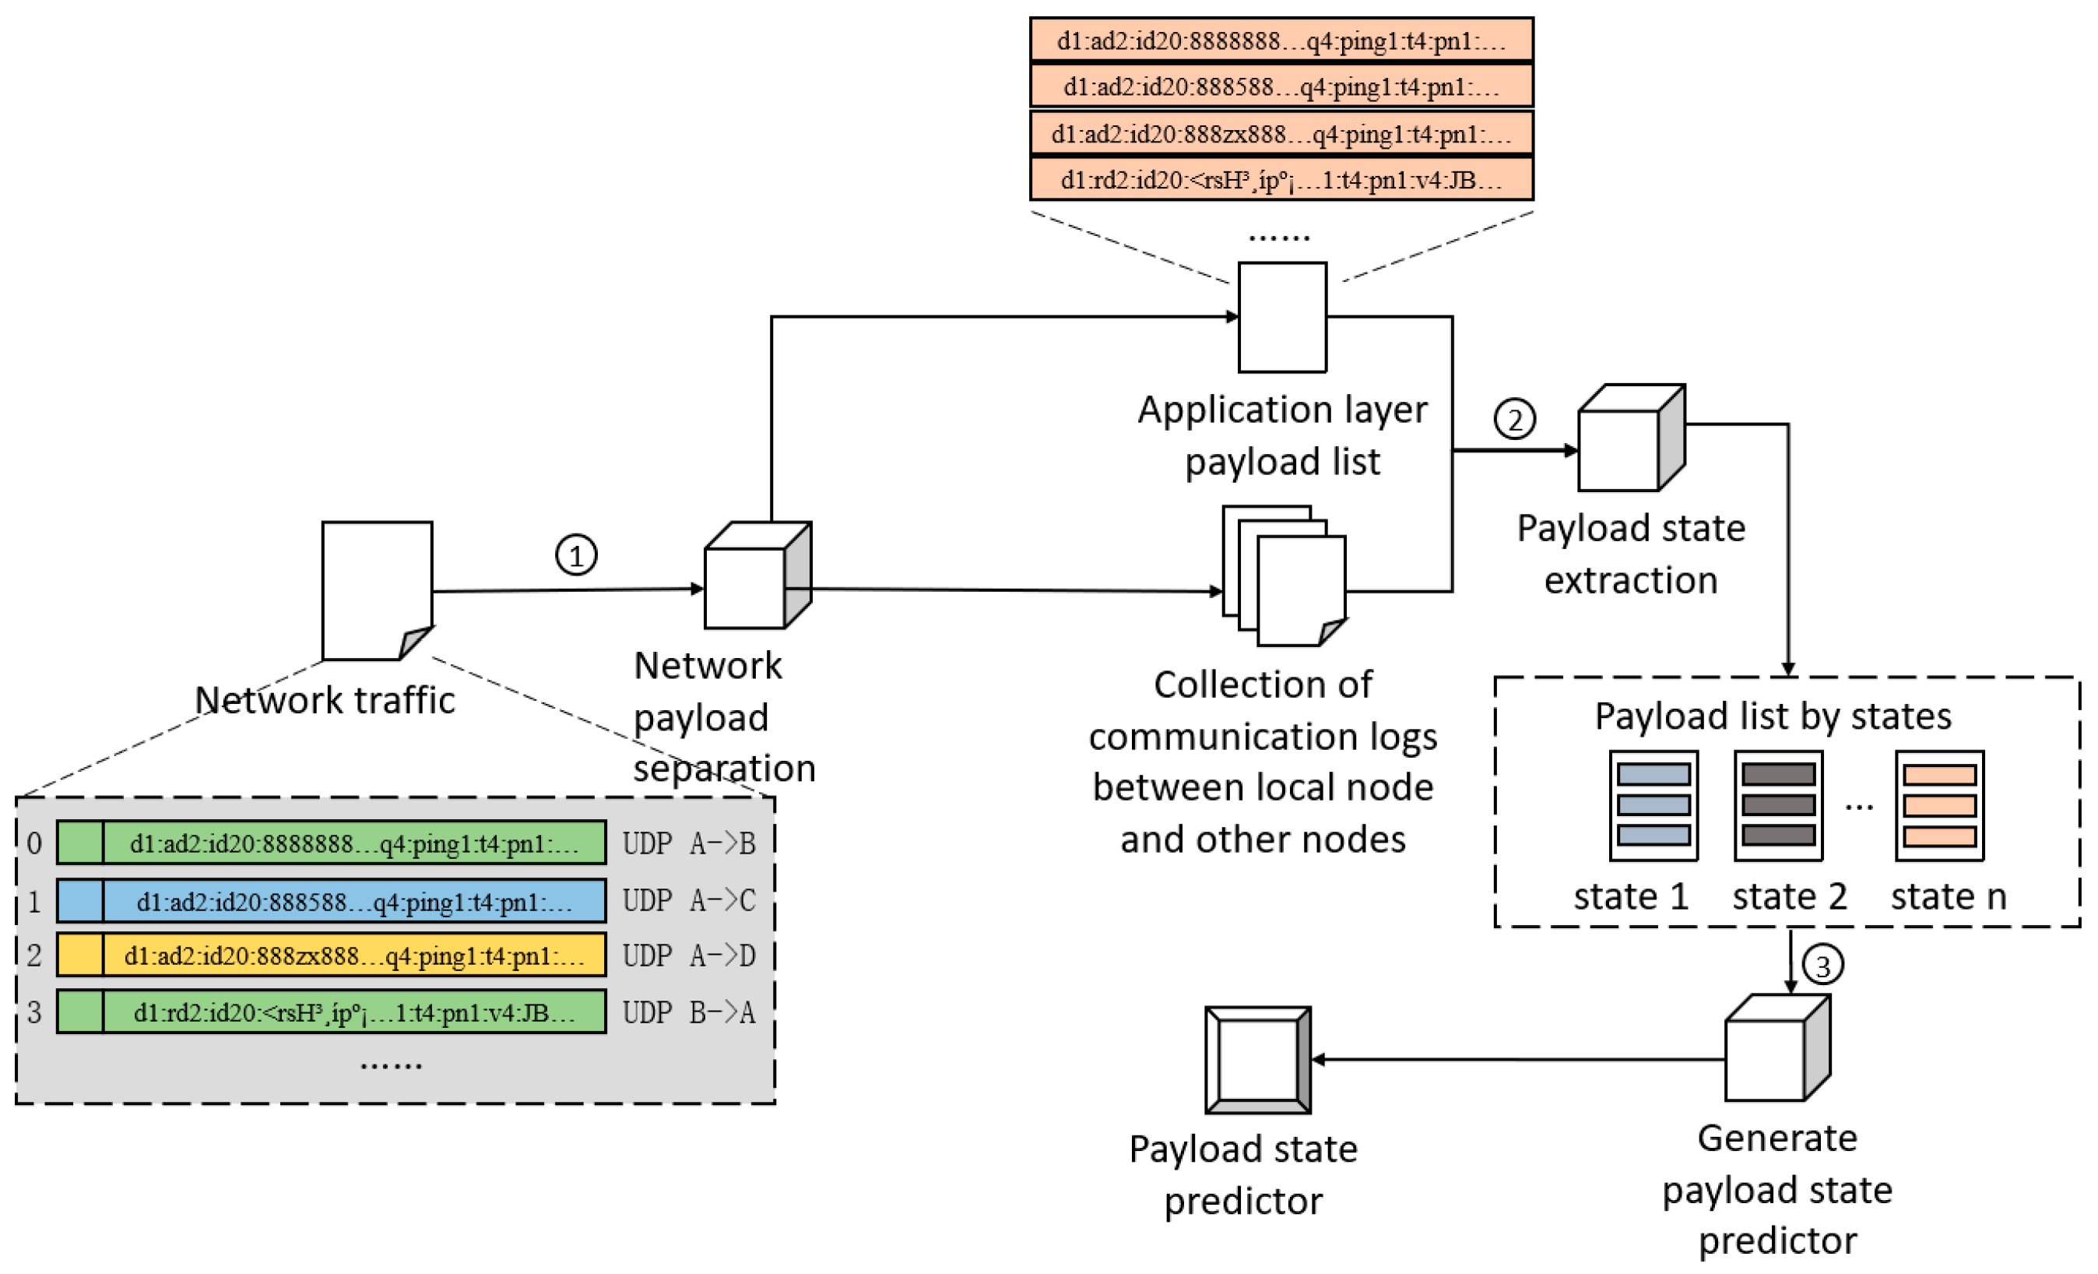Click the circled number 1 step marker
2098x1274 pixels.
coord(575,555)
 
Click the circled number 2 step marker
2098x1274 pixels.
coord(1514,419)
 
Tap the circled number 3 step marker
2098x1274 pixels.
coord(1822,966)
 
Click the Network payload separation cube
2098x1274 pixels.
coord(757,575)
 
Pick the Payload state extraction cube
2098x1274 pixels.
coord(1631,438)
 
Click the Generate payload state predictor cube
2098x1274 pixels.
coord(1777,1048)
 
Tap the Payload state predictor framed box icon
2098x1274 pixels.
coord(1257,1061)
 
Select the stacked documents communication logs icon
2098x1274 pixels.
coord(1284,576)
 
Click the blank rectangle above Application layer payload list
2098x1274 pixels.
coord(1281,317)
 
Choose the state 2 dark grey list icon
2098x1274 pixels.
coord(1778,806)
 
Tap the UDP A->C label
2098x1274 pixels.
coord(688,900)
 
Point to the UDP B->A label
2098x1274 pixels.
coord(688,1012)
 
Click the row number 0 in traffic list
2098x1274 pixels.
coord(34,843)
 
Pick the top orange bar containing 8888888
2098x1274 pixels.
coord(1281,40)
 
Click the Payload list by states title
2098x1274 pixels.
coord(1773,716)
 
